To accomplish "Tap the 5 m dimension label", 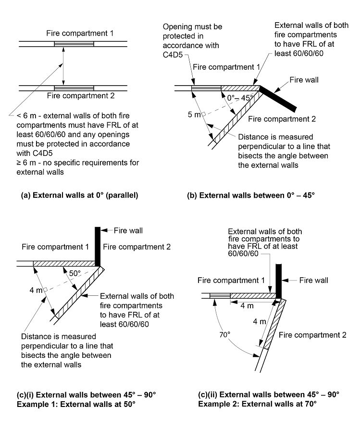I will coord(194,114).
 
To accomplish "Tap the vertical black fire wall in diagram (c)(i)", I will coord(98,245).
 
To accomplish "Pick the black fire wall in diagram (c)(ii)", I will coord(278,279).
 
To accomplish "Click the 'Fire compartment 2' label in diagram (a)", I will coord(80,96).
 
